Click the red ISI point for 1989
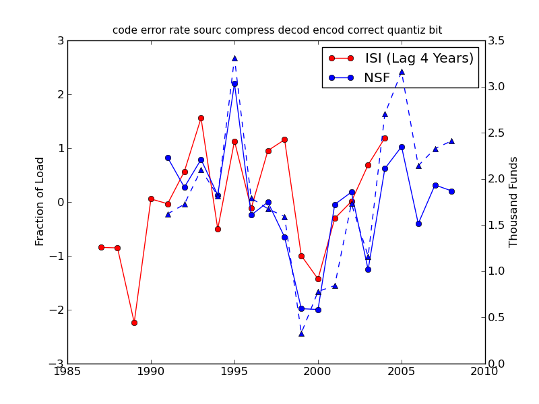pyautogui.click(x=134, y=323)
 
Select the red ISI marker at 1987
pyautogui.click(x=101, y=247)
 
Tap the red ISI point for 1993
pyautogui.click(x=201, y=118)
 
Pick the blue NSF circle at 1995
pyautogui.click(x=234, y=83)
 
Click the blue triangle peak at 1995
pyautogui.click(x=234, y=58)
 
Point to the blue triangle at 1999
pyautogui.click(x=301, y=333)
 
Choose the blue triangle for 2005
pyautogui.click(x=402, y=71)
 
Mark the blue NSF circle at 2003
pyautogui.click(x=368, y=269)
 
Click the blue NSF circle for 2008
pyautogui.click(x=451, y=191)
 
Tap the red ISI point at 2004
pyautogui.click(x=385, y=138)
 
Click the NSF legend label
pyautogui.click(x=377, y=78)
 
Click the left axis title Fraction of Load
pyautogui.click(x=40, y=201)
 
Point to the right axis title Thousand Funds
pyautogui.click(x=514, y=201)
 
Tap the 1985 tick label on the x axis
pyautogui.click(x=67, y=372)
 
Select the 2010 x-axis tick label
pyautogui.click(x=485, y=372)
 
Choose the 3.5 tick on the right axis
pyautogui.click(x=498, y=40)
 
